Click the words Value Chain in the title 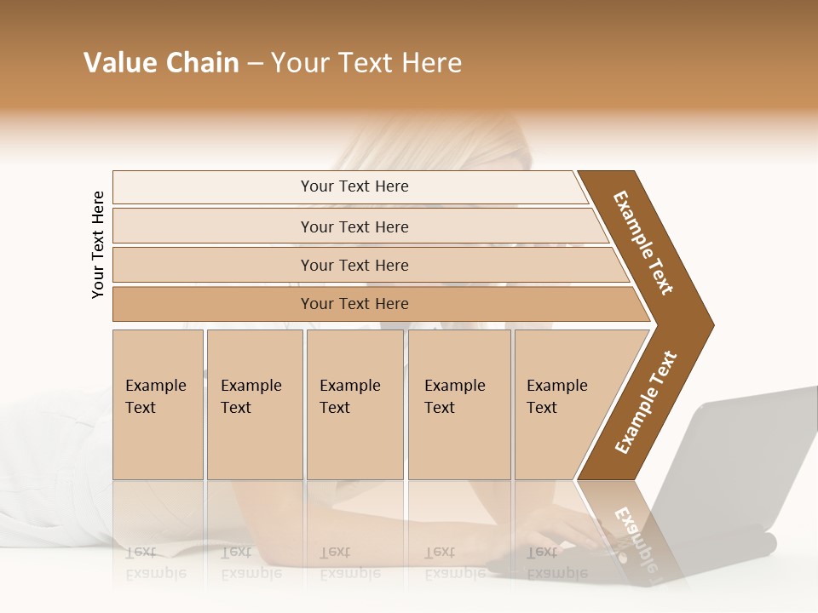pos(161,63)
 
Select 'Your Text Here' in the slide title pos(366,63)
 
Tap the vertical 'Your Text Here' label pos(98,244)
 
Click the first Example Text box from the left pos(158,404)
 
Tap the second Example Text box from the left pos(254,404)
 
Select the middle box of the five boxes pos(354,404)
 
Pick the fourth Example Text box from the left pos(458,404)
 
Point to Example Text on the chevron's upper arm pos(643,243)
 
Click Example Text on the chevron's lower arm pos(646,403)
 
